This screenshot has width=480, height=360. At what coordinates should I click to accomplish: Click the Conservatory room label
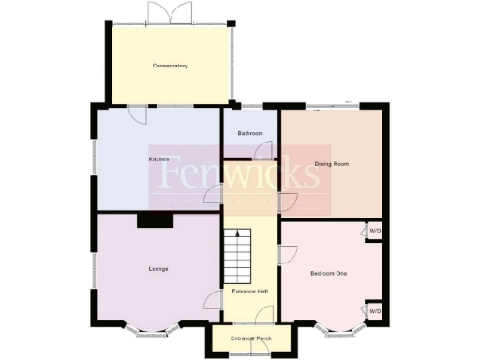click(x=171, y=66)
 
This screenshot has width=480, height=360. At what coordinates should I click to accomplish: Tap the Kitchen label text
click(x=158, y=159)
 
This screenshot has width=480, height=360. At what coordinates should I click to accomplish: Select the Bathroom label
click(x=250, y=134)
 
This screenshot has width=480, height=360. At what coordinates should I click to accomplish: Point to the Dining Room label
click(x=331, y=164)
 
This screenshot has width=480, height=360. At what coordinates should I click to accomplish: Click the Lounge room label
click(x=157, y=269)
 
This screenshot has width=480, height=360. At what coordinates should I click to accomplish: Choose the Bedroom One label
click(x=328, y=273)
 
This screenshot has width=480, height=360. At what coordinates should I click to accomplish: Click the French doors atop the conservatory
click(x=171, y=13)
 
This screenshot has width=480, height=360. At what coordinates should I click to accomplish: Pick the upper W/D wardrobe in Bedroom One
click(x=374, y=231)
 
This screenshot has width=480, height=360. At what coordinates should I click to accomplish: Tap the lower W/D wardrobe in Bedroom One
click(x=374, y=310)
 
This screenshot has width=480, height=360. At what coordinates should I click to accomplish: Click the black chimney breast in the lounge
click(x=154, y=220)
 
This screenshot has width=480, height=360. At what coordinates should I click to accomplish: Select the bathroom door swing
click(x=270, y=150)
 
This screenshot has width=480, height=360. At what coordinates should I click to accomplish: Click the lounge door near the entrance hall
click(x=213, y=301)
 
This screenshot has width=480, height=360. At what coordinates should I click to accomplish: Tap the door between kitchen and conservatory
click(x=137, y=113)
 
